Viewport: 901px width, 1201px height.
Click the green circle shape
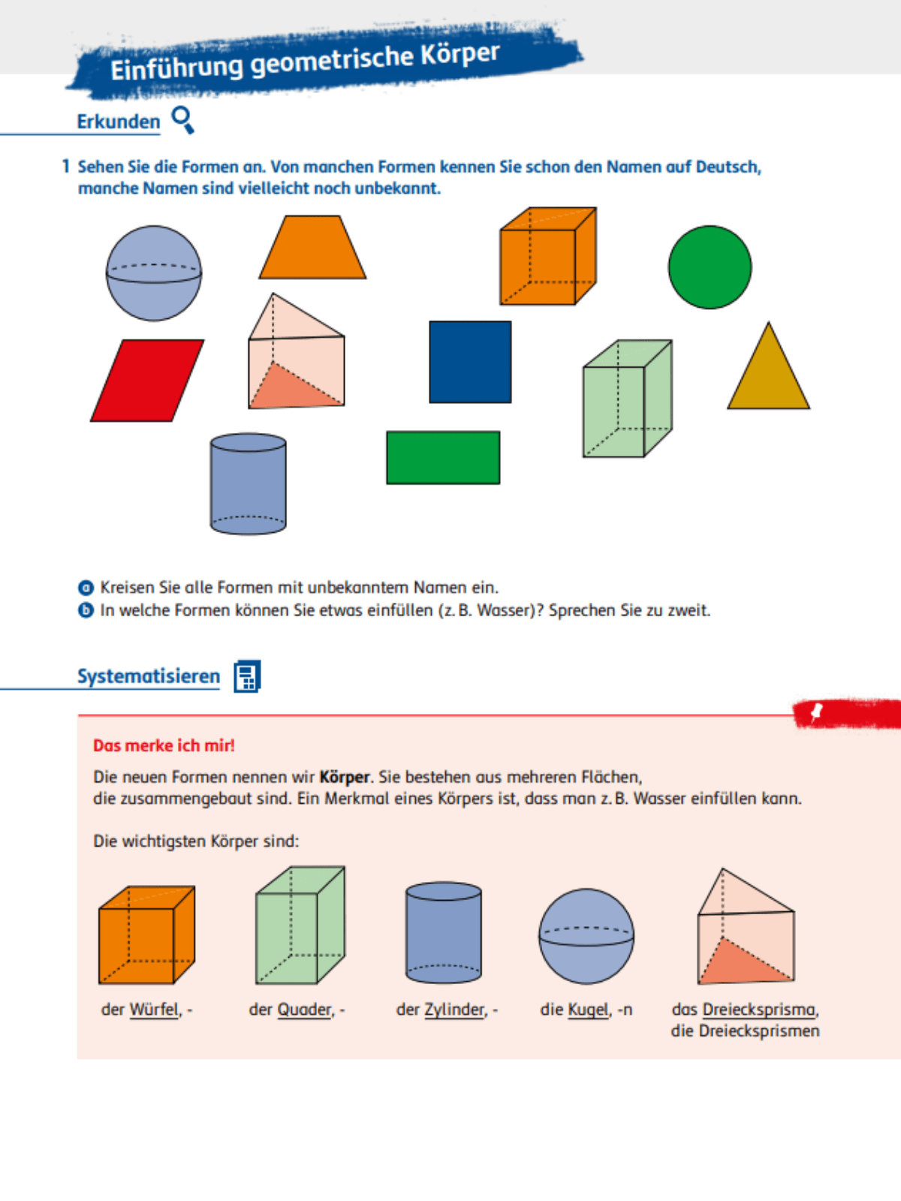click(710, 267)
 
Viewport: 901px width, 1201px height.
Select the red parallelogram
click(147, 381)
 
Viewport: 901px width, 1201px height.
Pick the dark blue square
click(470, 362)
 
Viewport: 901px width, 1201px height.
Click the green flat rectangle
click(443, 458)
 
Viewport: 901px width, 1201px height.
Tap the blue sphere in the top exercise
click(154, 273)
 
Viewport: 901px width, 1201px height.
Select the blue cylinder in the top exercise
click(248, 483)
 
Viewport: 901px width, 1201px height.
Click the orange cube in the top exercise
click(547, 257)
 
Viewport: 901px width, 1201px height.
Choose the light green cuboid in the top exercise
click(625, 400)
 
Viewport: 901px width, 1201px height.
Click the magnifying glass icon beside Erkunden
click(182, 119)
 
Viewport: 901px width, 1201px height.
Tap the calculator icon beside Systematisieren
click(247, 676)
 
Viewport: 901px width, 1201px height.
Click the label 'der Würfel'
click(146, 1010)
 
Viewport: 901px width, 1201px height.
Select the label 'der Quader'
click(297, 1010)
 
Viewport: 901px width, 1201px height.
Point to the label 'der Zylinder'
click(447, 1010)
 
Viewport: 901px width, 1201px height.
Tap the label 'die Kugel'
click(586, 1010)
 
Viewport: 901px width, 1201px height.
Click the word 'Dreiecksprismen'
click(759, 1031)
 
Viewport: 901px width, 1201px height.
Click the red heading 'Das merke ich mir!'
click(164, 745)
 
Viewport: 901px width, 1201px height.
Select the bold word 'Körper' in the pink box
click(345, 777)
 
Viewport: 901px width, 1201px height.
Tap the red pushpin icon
click(817, 712)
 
